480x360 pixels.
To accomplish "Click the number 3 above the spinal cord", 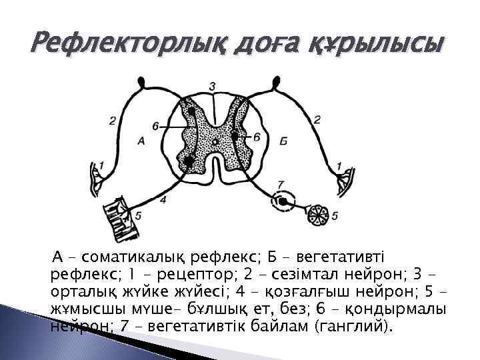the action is coord(212,87).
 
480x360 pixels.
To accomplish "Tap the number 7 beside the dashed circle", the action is coord(280,184).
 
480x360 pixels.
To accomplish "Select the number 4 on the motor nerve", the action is coord(163,199).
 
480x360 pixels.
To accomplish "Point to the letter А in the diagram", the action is coord(141,140).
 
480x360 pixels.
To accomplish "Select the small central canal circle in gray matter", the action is coord(214,142).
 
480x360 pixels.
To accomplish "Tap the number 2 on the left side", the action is coord(113,121).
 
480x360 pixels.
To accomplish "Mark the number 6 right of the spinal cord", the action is coord(257,137).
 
